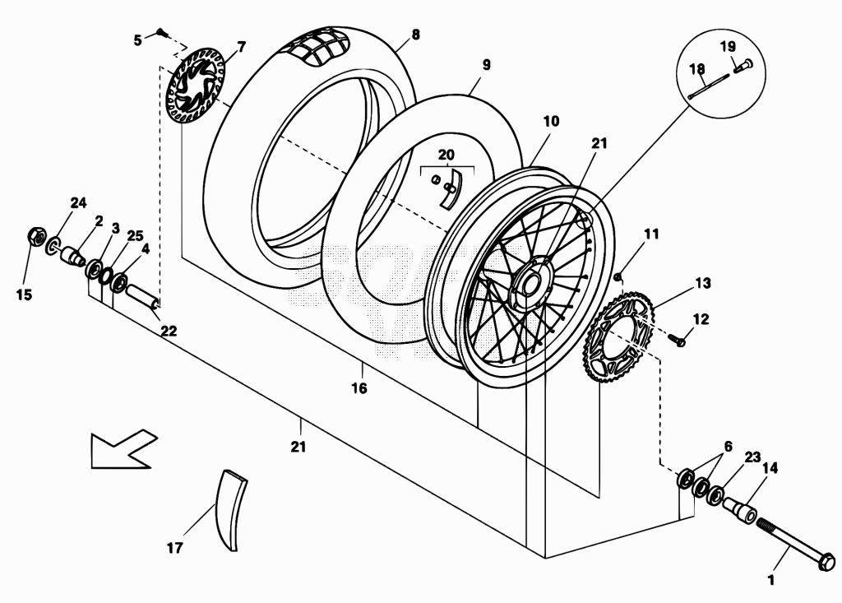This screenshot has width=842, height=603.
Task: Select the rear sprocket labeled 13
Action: pos(618,336)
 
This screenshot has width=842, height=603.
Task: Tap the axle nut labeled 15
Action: pos(35,236)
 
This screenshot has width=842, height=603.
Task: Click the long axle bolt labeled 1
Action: pos(796,541)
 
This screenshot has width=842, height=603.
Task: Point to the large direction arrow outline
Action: pos(123,449)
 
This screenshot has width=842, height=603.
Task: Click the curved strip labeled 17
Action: pos(231,509)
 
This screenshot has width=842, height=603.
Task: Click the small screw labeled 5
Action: pos(163,34)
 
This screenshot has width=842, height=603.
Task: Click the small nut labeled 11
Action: pos(618,276)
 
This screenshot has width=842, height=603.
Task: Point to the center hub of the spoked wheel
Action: pos(528,281)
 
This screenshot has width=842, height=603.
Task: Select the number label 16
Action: pos(359,387)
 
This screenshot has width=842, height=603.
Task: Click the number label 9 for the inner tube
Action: pos(487,65)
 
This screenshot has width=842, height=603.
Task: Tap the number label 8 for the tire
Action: pos(415,35)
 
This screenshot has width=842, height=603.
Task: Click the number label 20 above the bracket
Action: pos(446,155)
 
